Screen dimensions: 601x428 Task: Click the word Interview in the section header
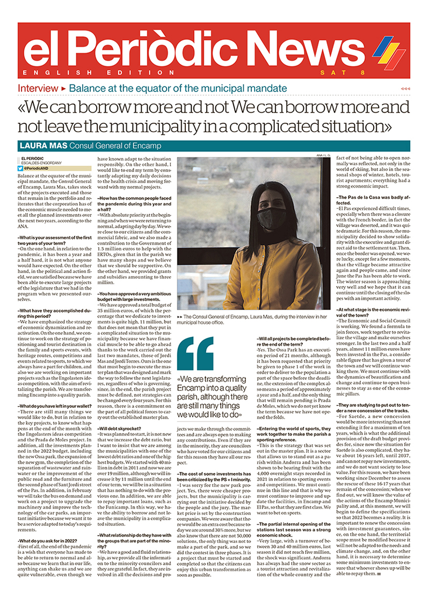tap(38, 88)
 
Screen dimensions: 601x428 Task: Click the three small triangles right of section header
tap(406, 89)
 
